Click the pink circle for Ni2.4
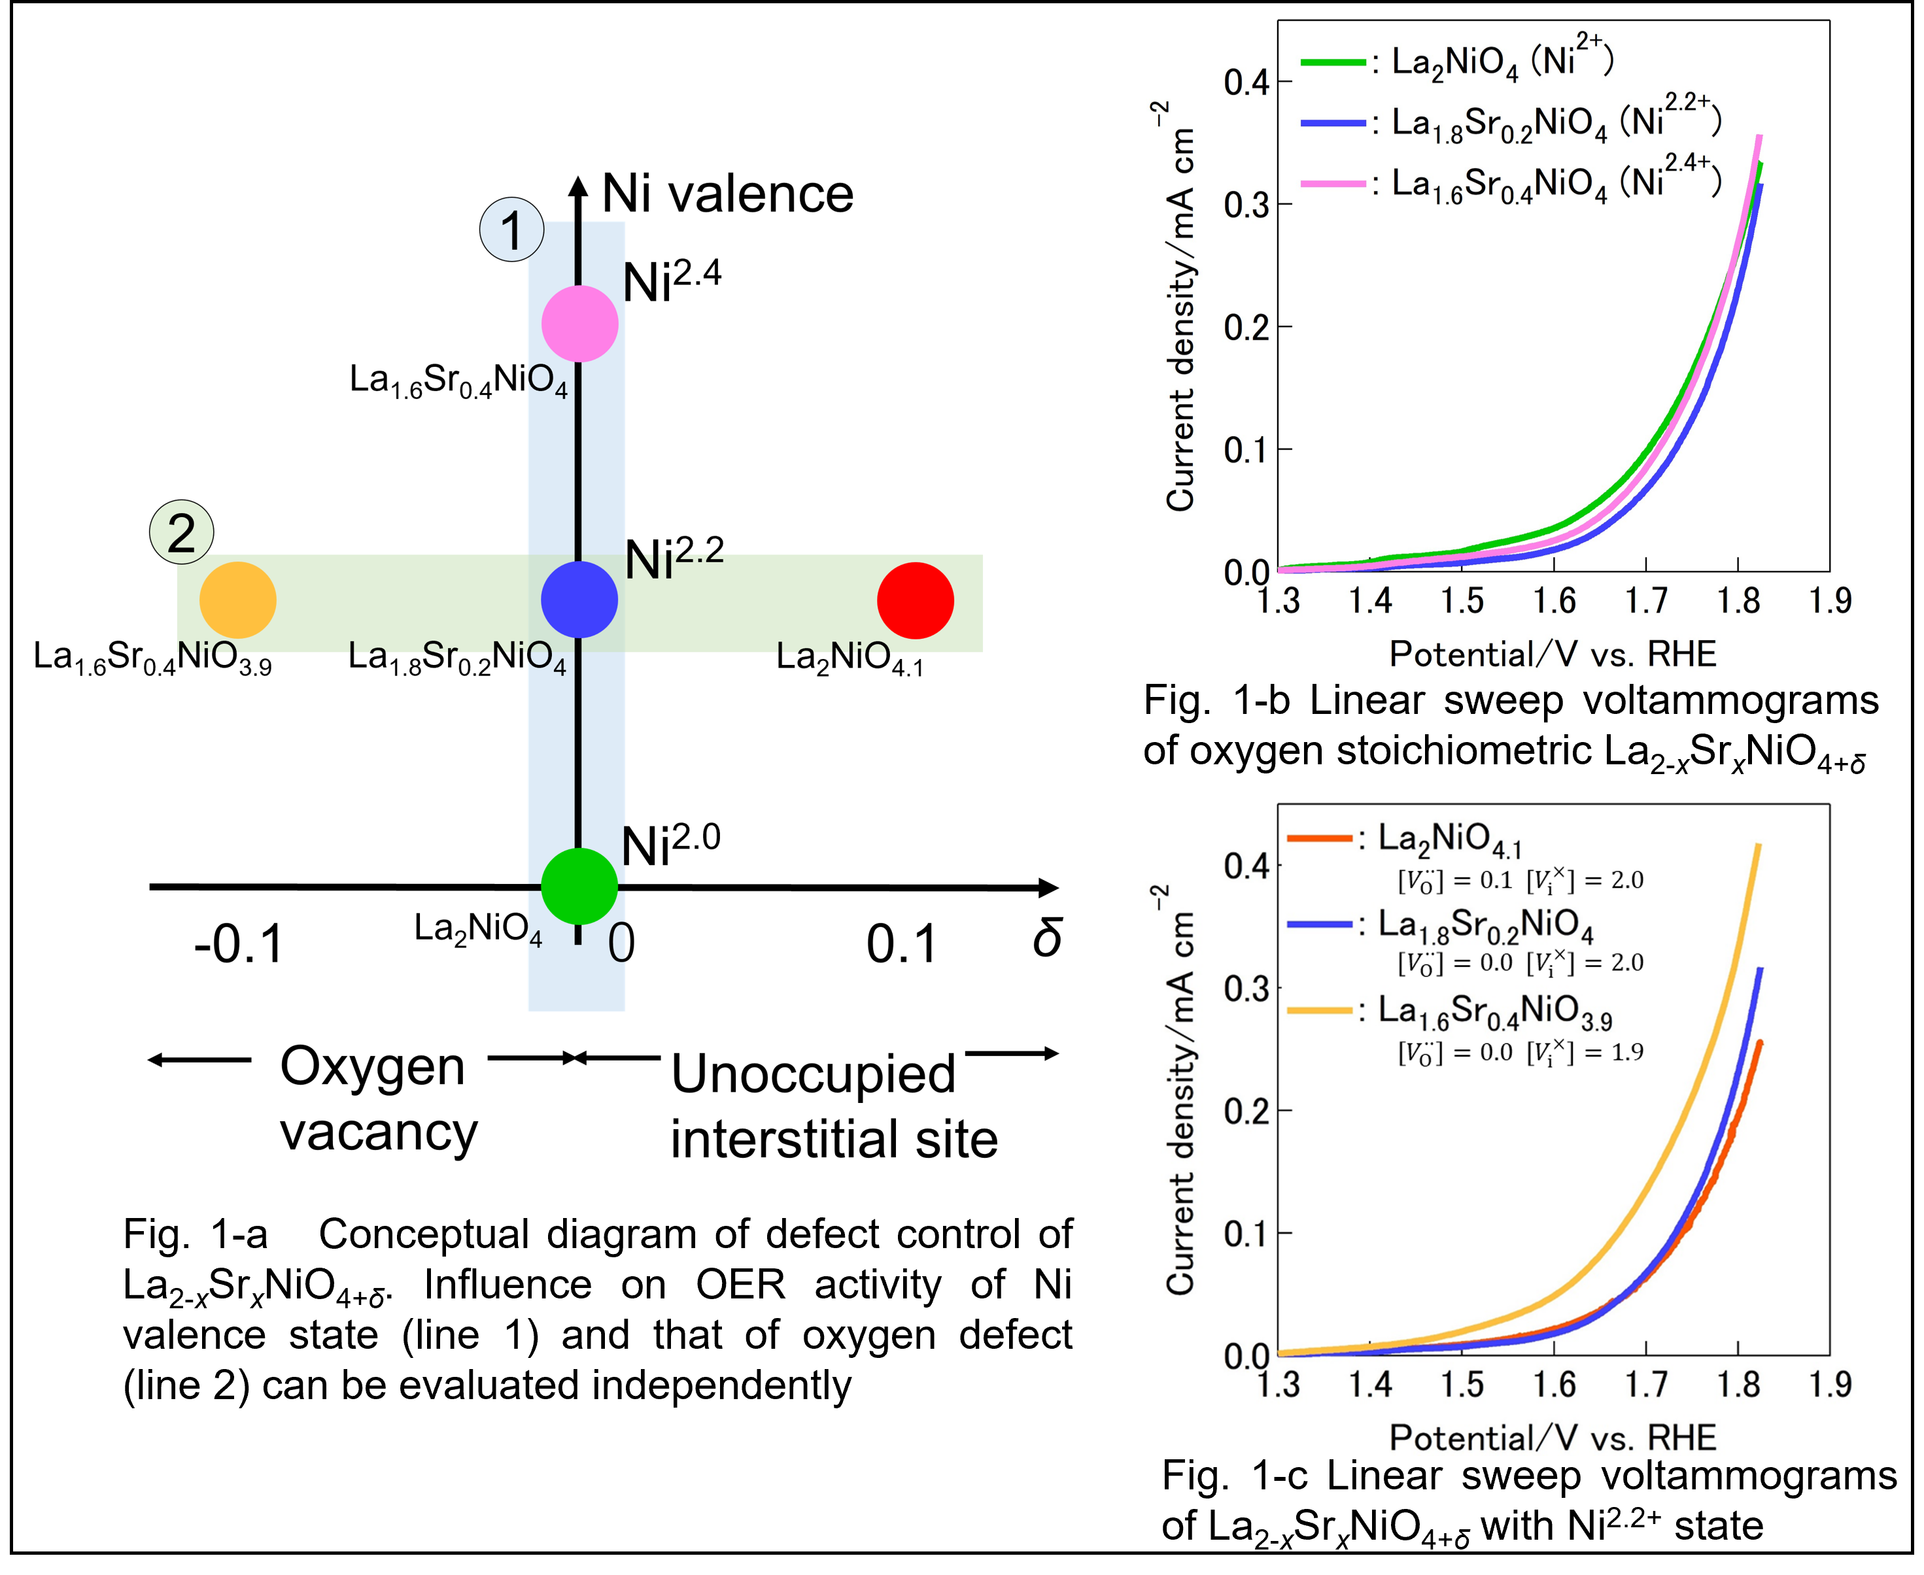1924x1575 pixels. click(x=580, y=323)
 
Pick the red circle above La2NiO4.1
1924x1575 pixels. click(x=915, y=601)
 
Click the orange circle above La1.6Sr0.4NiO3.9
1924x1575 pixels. click(x=238, y=601)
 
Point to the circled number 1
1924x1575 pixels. click(x=512, y=229)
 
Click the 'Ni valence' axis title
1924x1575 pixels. click(x=728, y=194)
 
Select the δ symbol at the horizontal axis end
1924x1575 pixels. click(x=1047, y=937)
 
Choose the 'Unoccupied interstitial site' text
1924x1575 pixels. click(x=833, y=1106)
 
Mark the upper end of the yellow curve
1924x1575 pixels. click(x=1759, y=845)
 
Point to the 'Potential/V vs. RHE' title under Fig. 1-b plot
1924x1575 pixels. click(x=1553, y=654)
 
